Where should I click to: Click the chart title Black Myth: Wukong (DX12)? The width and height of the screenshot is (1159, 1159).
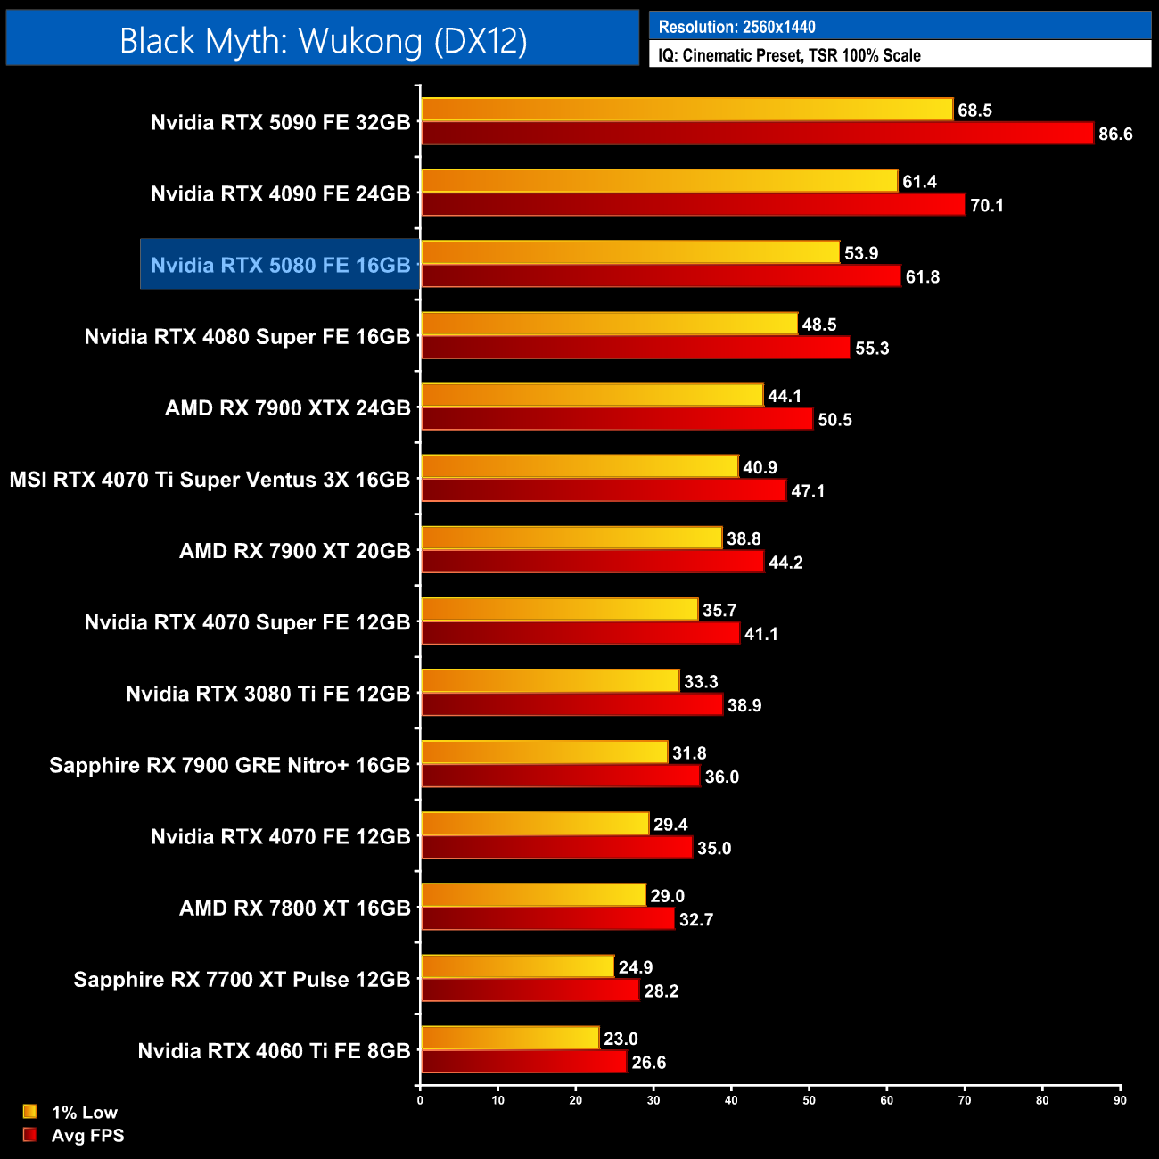pos(323,40)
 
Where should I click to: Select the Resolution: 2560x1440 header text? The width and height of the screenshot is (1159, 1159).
pos(736,27)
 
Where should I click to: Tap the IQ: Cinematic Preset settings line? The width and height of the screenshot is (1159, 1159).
pos(789,55)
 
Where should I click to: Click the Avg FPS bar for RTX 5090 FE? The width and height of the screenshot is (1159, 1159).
pos(757,134)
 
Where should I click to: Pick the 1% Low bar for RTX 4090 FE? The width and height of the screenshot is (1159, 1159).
pos(659,181)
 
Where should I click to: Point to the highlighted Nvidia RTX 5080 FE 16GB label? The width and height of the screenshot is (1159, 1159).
pos(280,265)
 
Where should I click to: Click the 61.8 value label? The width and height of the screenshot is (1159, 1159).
pos(923,277)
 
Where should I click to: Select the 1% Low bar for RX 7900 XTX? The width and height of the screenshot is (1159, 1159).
pos(592,395)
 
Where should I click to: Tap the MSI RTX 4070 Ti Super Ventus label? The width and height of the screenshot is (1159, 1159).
pos(210,480)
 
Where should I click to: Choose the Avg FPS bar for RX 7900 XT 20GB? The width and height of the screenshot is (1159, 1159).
pos(592,562)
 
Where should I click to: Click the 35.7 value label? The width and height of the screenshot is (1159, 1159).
pos(719,611)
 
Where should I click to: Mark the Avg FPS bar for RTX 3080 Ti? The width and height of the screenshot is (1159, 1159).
pos(571,704)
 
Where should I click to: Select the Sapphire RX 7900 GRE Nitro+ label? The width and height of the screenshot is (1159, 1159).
pos(229,765)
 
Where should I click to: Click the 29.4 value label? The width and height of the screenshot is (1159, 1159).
pos(670,825)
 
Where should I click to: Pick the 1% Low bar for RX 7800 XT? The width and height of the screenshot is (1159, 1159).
pos(533,895)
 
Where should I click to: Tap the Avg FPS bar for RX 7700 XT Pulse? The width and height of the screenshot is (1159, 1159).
pos(530,990)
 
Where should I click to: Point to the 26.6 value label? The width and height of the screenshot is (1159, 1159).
pos(649,1063)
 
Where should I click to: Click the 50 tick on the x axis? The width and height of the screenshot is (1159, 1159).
pos(809,1100)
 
